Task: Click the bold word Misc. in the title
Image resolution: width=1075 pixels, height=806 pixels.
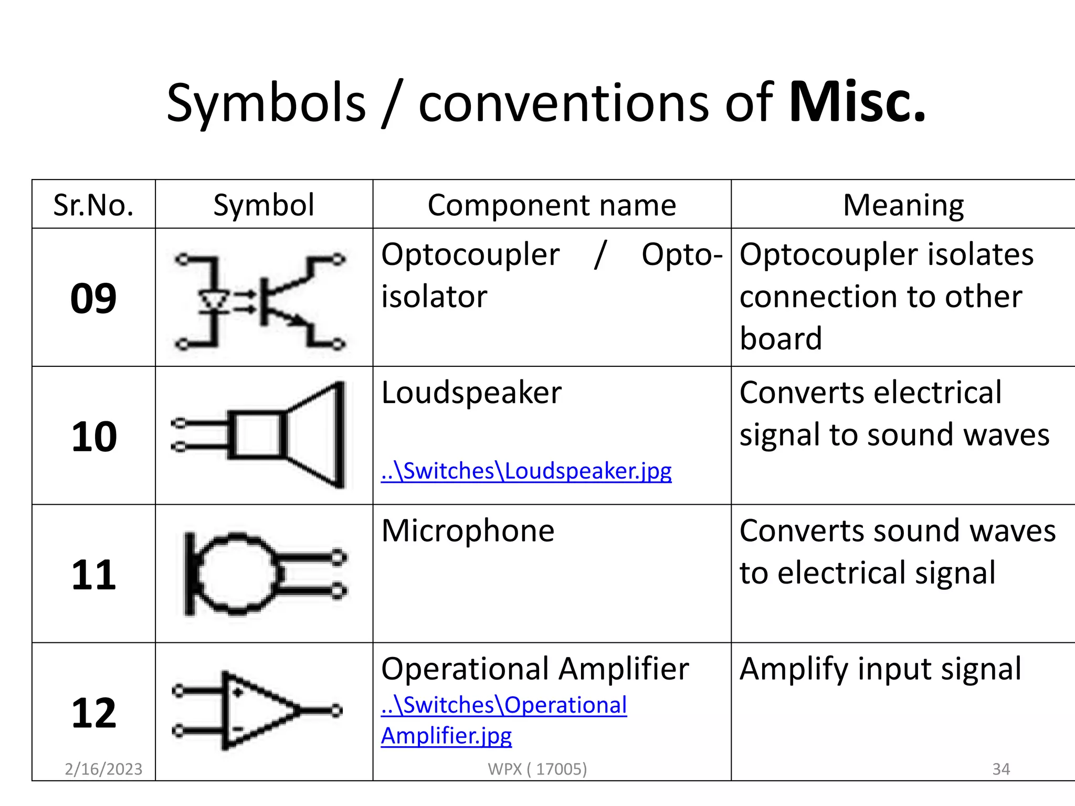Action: click(x=857, y=102)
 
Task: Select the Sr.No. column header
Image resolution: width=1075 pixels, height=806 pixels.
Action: click(x=93, y=205)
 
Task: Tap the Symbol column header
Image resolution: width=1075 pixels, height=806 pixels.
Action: click(x=264, y=205)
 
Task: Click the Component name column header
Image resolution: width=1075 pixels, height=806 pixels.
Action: click(x=552, y=205)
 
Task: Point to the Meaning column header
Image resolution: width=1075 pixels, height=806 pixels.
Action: click(x=903, y=205)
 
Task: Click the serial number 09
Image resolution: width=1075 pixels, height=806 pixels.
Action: click(x=93, y=299)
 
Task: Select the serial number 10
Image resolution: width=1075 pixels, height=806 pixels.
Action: click(x=93, y=437)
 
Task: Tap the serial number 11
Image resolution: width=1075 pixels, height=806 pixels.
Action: click(x=93, y=575)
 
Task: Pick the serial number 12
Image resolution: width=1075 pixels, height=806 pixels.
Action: click(x=93, y=713)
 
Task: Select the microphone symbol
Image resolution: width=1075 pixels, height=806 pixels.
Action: click(x=262, y=574)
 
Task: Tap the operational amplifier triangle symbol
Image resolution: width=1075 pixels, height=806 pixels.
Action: click(x=257, y=710)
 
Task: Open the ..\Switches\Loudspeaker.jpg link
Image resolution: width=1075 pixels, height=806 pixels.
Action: click(x=526, y=471)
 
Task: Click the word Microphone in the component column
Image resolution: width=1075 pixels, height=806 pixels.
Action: click(x=468, y=531)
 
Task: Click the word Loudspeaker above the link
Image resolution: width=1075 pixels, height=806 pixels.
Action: click(x=471, y=393)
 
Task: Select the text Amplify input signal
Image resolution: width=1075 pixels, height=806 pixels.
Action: click(x=880, y=669)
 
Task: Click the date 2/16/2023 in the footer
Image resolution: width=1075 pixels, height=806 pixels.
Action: click(x=103, y=769)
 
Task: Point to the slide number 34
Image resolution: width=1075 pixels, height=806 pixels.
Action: click(x=1000, y=769)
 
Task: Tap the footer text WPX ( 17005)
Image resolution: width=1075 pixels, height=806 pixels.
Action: click(x=537, y=769)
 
